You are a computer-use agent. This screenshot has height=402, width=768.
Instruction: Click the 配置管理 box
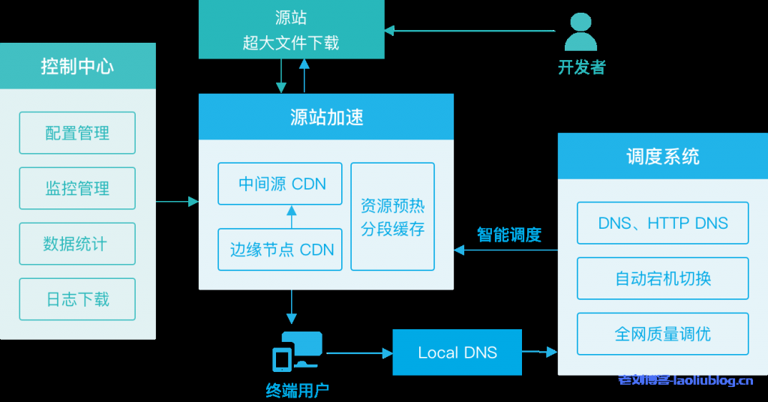[x=77, y=133]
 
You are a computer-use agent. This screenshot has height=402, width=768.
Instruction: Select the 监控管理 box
[x=77, y=188]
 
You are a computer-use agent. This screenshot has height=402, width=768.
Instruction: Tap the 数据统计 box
[x=77, y=244]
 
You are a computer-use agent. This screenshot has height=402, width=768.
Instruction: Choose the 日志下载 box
[x=77, y=299]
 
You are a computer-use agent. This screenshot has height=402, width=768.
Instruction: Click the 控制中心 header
[x=77, y=66]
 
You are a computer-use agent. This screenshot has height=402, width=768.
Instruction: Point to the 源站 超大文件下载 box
[x=291, y=30]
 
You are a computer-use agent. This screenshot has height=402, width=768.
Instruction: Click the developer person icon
[x=581, y=31]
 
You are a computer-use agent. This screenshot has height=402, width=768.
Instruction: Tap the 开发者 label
[x=581, y=67]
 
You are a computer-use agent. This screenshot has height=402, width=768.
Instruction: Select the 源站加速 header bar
[x=326, y=117]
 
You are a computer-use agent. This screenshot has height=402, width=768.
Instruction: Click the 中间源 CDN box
[x=280, y=184]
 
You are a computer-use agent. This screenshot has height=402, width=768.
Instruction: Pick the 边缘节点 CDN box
[x=280, y=250]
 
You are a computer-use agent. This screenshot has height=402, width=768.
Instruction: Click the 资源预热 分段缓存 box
[x=393, y=217]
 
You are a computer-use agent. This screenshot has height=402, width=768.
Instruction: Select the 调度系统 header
[x=662, y=156]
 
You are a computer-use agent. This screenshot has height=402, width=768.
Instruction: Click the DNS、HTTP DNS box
[x=662, y=223]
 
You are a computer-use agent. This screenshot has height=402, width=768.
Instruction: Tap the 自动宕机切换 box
[x=662, y=278]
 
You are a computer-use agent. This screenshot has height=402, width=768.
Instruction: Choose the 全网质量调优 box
[x=662, y=334]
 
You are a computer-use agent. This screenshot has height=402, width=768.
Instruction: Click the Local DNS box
[x=457, y=352]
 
